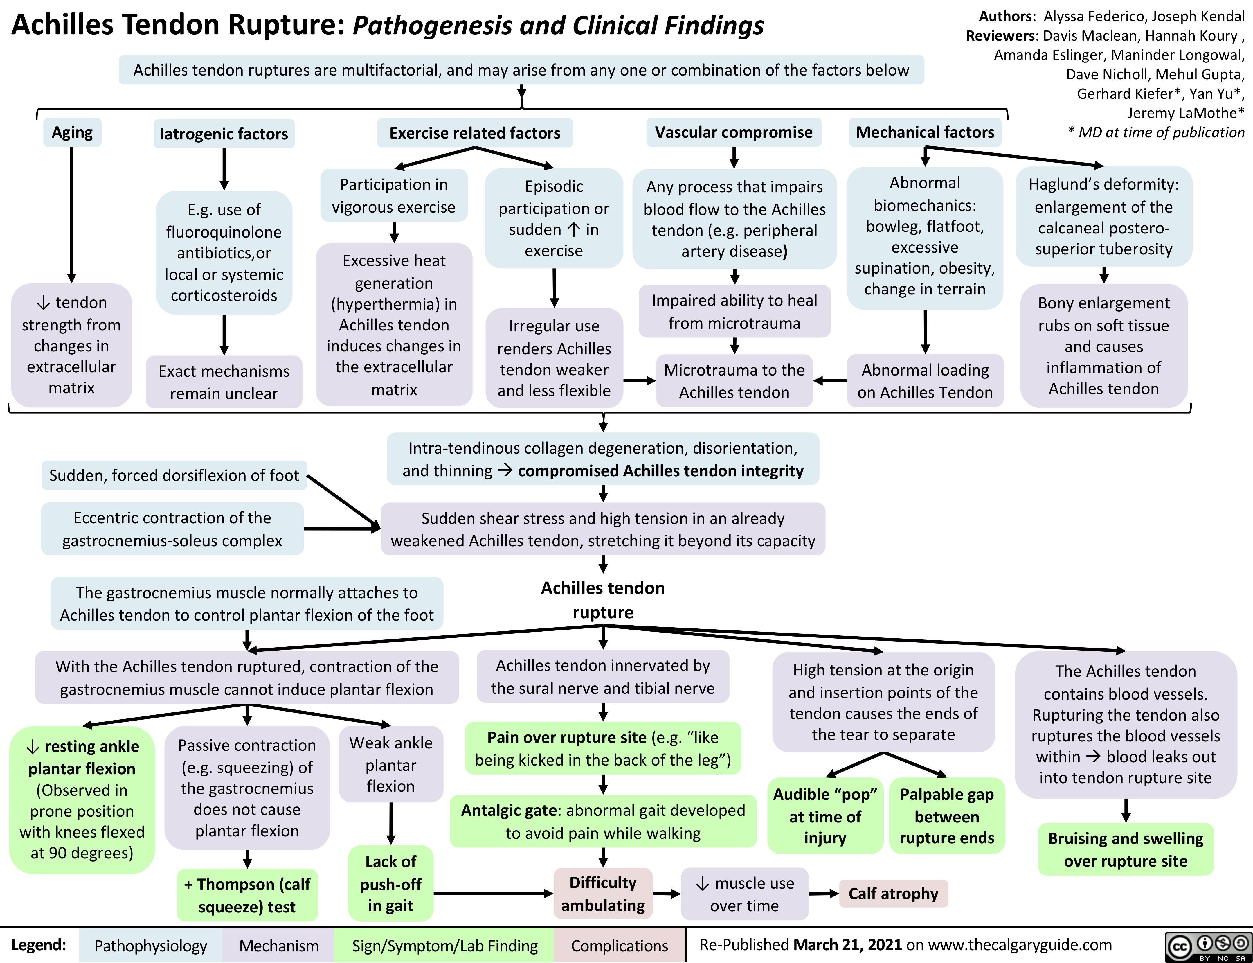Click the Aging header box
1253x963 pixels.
pyautogui.click(x=72, y=132)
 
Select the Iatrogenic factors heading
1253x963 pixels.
pyautogui.click(x=224, y=134)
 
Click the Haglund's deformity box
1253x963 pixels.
pyautogui.click(x=1103, y=217)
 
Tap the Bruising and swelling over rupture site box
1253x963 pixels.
pyautogui.click(x=1125, y=849)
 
